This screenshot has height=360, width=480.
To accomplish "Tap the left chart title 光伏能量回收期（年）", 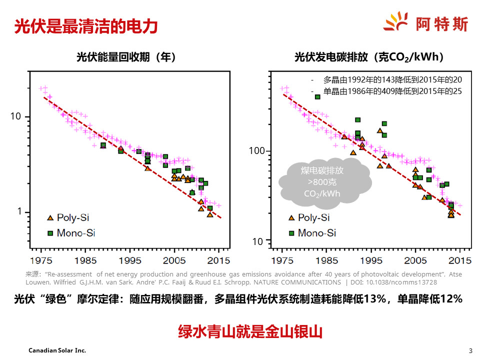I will point(126,57).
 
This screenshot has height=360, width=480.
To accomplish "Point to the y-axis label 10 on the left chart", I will point(16,116).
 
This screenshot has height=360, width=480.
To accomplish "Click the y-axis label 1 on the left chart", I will point(19,211).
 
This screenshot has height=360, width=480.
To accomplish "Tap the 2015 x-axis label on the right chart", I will point(459,260).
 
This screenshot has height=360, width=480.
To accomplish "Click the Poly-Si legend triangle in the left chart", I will point(50,217).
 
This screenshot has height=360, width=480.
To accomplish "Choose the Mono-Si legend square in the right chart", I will point(291,233).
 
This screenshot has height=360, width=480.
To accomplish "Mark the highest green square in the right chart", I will point(317,97).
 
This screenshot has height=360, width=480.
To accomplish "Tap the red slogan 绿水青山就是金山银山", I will point(250,331).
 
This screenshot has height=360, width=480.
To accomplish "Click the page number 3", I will point(470,350).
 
